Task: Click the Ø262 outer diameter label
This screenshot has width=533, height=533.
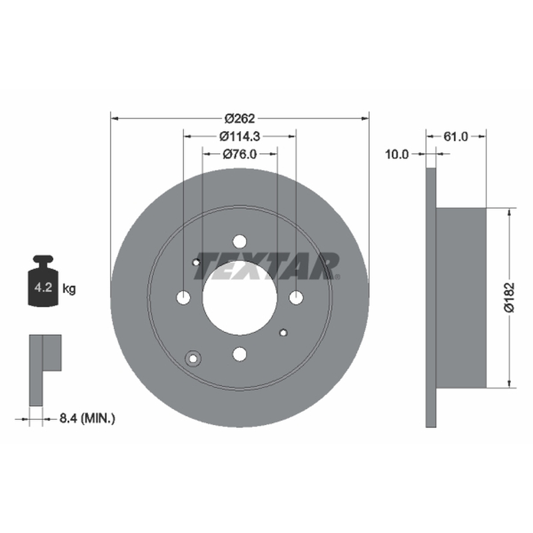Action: (x=240, y=119)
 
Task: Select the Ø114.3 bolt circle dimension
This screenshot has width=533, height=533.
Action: (x=240, y=137)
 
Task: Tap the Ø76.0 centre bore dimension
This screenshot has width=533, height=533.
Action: (x=240, y=155)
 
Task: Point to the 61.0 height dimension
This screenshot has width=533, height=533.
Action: (x=456, y=137)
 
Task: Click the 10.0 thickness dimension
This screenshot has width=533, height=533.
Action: (x=396, y=155)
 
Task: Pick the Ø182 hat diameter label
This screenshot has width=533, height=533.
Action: (x=509, y=297)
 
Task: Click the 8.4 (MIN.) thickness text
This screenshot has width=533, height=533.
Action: (x=87, y=418)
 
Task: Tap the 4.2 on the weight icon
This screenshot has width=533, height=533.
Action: (x=43, y=287)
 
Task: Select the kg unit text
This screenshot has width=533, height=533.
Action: (x=69, y=289)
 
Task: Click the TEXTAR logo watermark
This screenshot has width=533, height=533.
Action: (x=267, y=266)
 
